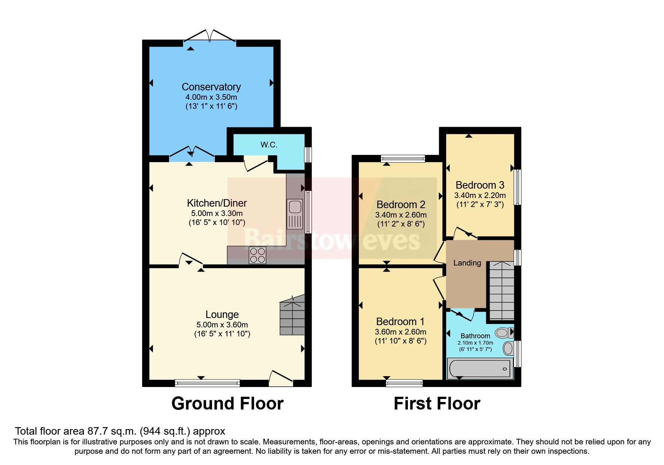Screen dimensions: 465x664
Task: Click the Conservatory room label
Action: [211, 87]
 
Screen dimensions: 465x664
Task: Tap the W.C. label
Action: [269, 145]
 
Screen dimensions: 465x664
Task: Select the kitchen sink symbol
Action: [295, 214]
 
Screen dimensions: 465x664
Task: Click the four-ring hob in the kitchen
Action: [258, 255]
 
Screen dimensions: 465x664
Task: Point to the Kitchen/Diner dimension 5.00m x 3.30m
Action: [217, 213]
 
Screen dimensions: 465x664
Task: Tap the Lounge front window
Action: [207, 383]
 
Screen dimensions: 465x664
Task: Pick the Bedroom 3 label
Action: [480, 185]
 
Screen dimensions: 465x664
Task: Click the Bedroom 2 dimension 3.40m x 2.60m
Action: [400, 215]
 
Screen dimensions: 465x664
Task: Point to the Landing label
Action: [467, 263]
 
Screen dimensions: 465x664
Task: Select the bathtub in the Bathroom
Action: [480, 369]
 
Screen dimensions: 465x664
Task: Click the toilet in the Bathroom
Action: [503, 333]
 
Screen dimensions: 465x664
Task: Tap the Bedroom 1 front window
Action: [404, 383]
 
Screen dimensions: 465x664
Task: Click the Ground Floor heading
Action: [227, 404]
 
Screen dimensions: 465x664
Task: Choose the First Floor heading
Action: [436, 404]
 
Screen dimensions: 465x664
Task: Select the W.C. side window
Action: [308, 154]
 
